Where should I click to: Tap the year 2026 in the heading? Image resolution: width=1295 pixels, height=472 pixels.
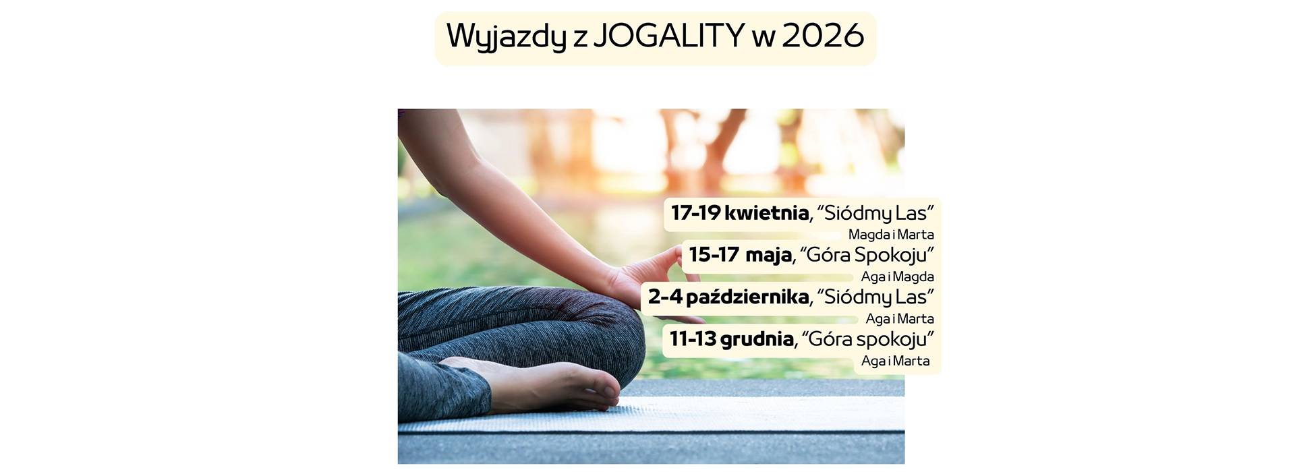pos(823,36)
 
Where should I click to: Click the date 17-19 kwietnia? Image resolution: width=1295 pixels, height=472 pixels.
pos(739,213)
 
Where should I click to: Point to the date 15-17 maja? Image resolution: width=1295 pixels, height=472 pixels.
pos(740,255)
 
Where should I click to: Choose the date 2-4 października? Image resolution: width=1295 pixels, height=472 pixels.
pos(728,297)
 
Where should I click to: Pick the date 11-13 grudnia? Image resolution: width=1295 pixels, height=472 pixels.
pos(731,338)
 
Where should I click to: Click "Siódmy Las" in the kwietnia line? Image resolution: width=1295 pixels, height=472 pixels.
pos(875,214)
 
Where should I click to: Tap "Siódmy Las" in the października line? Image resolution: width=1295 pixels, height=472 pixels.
pos(875,297)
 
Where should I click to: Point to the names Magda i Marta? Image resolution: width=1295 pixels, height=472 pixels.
pos(891,235)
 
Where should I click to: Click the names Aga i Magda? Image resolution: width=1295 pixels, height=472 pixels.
pos(898,276)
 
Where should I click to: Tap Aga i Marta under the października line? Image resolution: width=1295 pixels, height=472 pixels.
pos(900,318)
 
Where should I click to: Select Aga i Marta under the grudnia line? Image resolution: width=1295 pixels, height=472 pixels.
pos(896,361)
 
